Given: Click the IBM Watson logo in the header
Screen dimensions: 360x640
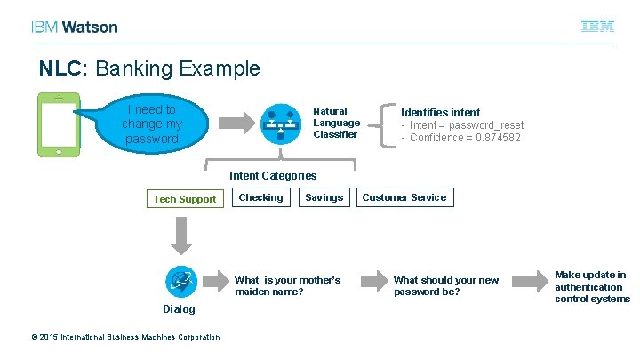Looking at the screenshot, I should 74,27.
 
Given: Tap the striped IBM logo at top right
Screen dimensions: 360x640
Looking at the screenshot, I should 597,27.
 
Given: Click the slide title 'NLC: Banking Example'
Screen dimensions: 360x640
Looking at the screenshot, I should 149,68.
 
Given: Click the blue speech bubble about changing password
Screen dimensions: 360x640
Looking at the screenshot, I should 150,124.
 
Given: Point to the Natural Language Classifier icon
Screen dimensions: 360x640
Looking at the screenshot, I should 280,124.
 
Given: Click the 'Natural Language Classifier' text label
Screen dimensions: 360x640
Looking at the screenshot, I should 337,123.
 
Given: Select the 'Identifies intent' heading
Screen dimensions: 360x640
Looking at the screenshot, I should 440,112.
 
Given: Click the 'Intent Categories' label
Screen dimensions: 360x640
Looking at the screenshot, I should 273,175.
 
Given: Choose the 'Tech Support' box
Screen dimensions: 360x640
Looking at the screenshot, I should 184,199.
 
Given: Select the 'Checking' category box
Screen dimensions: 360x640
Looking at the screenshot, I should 260,197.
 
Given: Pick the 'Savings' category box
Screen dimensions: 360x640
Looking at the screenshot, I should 324,197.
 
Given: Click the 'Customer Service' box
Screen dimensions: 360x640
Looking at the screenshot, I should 404,197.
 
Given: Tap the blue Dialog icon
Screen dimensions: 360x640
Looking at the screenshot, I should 181,281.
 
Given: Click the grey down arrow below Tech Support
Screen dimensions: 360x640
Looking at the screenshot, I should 181,236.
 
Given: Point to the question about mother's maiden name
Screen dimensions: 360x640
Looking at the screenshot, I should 287,285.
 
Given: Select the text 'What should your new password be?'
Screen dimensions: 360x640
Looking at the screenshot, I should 446,285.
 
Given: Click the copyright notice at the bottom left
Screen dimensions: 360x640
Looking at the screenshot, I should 125,337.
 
